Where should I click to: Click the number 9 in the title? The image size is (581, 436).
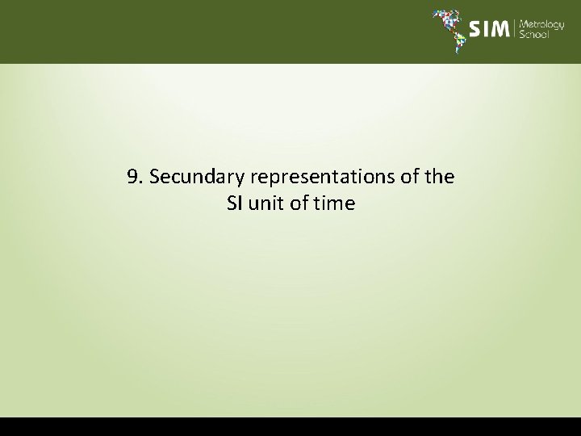click(132, 177)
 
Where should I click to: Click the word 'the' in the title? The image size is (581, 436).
click(440, 177)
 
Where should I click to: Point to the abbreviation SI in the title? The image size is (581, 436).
click(235, 203)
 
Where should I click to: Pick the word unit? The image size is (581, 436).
click(265, 203)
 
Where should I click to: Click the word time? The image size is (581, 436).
click(334, 203)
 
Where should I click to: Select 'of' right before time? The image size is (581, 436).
click(298, 203)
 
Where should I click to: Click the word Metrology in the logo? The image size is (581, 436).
click(541, 24)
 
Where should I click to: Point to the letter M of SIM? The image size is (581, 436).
click(499, 30)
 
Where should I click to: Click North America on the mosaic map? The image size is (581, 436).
click(444, 18)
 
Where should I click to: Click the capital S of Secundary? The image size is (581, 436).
click(154, 177)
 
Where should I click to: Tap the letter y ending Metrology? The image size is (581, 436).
click(562, 26)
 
